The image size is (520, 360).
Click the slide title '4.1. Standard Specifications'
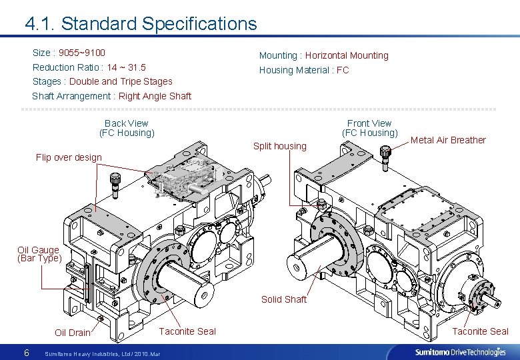[x=141, y=24]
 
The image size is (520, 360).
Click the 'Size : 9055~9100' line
[x=69, y=53]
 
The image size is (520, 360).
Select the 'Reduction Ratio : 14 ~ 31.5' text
[x=89, y=67]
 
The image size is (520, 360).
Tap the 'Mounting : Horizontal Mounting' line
[x=323, y=55]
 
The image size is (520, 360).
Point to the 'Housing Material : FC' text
[x=303, y=70]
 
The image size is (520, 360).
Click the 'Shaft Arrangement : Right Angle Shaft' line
[x=111, y=96]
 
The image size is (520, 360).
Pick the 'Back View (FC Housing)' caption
[x=127, y=128]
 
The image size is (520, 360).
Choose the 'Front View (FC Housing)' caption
[x=369, y=128]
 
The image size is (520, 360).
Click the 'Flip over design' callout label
[x=69, y=158]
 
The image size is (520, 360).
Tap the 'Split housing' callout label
[x=280, y=146]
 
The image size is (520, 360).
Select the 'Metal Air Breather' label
[x=448, y=140]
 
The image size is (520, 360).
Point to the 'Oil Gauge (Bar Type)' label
[x=39, y=254]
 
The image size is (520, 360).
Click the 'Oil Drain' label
[x=72, y=333]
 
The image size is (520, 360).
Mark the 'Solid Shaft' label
[x=284, y=299]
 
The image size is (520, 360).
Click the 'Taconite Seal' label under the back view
[x=187, y=331]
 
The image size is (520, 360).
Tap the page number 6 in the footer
[x=26, y=352]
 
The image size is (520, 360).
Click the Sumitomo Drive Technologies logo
[x=460, y=352]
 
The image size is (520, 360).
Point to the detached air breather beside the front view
[x=385, y=154]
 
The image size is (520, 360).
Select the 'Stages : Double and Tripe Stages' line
[x=102, y=81]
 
